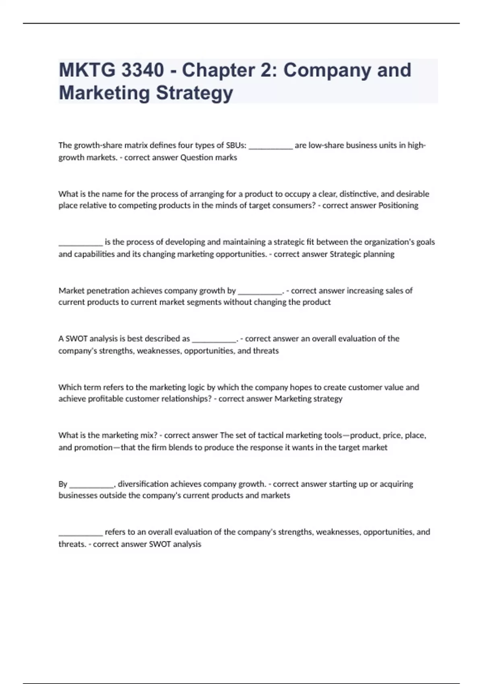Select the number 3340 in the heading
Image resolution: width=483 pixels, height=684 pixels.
pos(142,70)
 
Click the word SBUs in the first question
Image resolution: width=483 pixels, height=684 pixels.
pos(236,145)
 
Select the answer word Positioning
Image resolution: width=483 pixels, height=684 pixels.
pos(398,206)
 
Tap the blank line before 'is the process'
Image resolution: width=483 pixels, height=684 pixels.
pos(80,243)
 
